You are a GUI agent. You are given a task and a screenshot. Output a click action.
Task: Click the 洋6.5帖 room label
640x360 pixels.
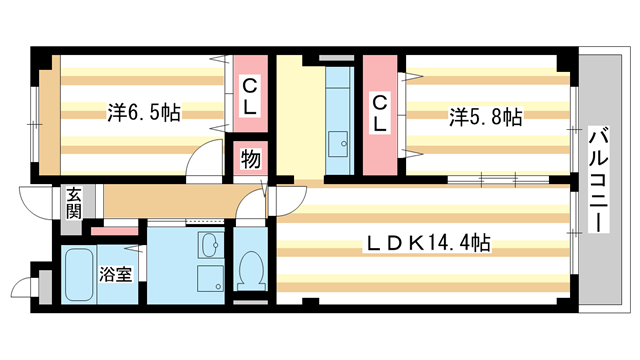pyautogui.click(x=144, y=113)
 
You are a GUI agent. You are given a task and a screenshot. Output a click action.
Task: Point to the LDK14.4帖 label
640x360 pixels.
pyautogui.click(x=427, y=242)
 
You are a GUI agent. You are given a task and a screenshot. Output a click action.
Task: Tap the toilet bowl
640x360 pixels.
pyautogui.click(x=250, y=268)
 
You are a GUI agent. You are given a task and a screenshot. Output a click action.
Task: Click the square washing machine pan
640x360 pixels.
pyautogui.click(x=210, y=277)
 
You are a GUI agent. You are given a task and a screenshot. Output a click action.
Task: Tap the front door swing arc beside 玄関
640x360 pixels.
pyautogui.click(x=38, y=205)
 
